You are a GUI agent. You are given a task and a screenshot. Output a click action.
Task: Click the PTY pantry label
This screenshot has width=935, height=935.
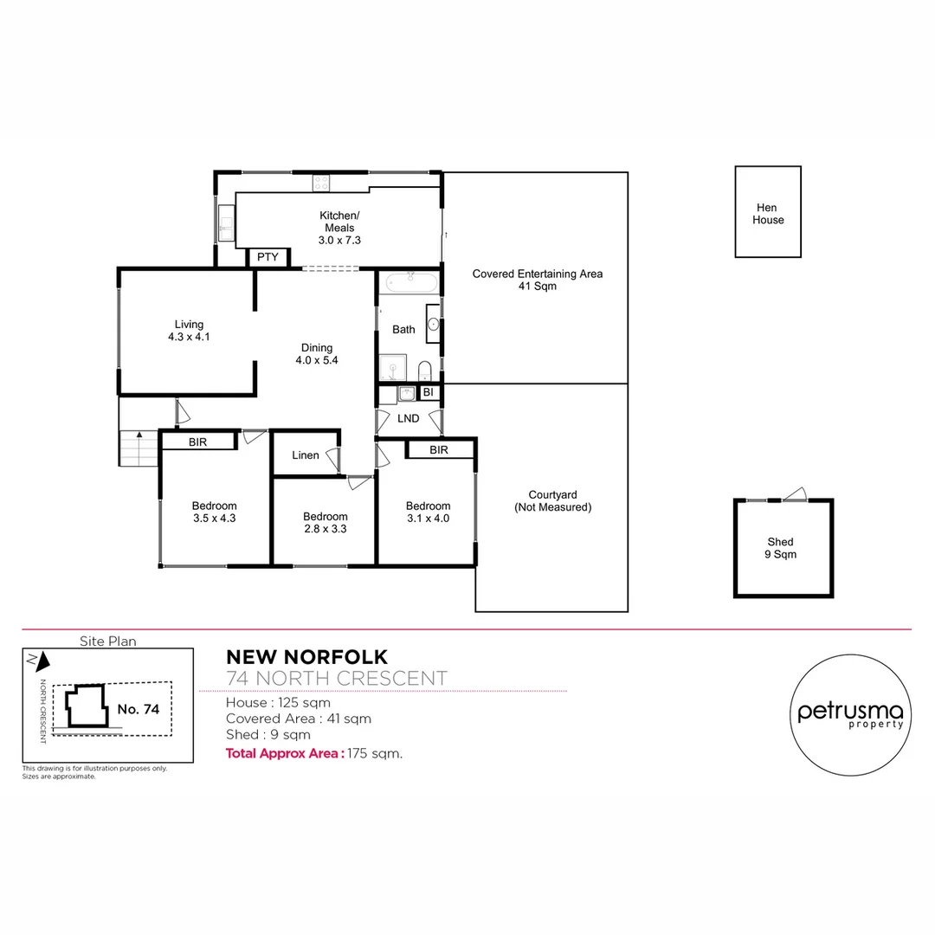pos(268,257)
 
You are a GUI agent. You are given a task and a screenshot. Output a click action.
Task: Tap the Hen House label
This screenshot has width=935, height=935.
pos(768,214)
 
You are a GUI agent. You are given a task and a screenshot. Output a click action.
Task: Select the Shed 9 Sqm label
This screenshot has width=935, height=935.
pos(780,548)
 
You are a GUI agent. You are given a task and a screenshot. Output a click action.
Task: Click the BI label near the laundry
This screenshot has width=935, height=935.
pos(428,392)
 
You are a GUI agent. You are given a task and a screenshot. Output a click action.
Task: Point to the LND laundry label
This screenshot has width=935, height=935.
pos(408,418)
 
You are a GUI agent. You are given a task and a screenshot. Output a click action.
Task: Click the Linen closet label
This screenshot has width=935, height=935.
pos(305,455)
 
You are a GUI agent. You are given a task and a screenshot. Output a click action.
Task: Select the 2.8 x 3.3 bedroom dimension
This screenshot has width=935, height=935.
pos(325,528)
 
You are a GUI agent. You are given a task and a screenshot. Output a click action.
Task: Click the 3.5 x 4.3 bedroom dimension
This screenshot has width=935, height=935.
pos(215,519)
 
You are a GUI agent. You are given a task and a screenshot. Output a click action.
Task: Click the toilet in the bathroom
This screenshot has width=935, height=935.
pos(425,371)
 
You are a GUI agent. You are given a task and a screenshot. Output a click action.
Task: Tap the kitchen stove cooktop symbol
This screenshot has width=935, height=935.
pos(320,182)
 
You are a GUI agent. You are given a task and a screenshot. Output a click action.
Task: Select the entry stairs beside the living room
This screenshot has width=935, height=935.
pos(138,448)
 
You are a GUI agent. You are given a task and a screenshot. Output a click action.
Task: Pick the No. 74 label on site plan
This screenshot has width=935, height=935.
pos(139,709)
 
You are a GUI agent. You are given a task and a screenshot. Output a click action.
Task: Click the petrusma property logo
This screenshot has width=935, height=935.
pos(850,712)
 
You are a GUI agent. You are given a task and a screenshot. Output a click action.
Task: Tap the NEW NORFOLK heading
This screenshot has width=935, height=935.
pos(306,658)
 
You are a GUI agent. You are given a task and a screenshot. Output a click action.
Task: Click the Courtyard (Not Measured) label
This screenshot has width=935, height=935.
pos(552,501)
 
